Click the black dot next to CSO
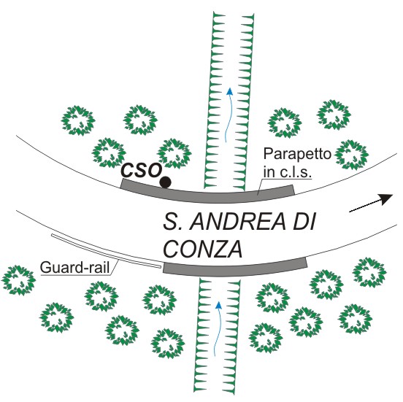tap(165, 182)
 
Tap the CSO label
tap(142, 170)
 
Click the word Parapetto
tap(297, 155)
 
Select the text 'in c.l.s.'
tap(288, 172)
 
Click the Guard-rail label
tap(75, 268)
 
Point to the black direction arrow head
tap(386, 199)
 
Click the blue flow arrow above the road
tap(229, 115)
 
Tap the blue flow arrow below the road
tap(217, 329)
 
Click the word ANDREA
tap(238, 222)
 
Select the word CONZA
tap(203, 249)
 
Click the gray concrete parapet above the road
tap(207, 193)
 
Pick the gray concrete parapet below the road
tap(235, 268)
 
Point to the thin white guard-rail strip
tap(105, 251)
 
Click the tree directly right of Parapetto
tap(352, 155)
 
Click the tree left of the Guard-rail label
tap(18, 280)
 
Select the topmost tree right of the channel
tap(334, 115)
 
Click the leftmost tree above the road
tap(78, 120)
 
